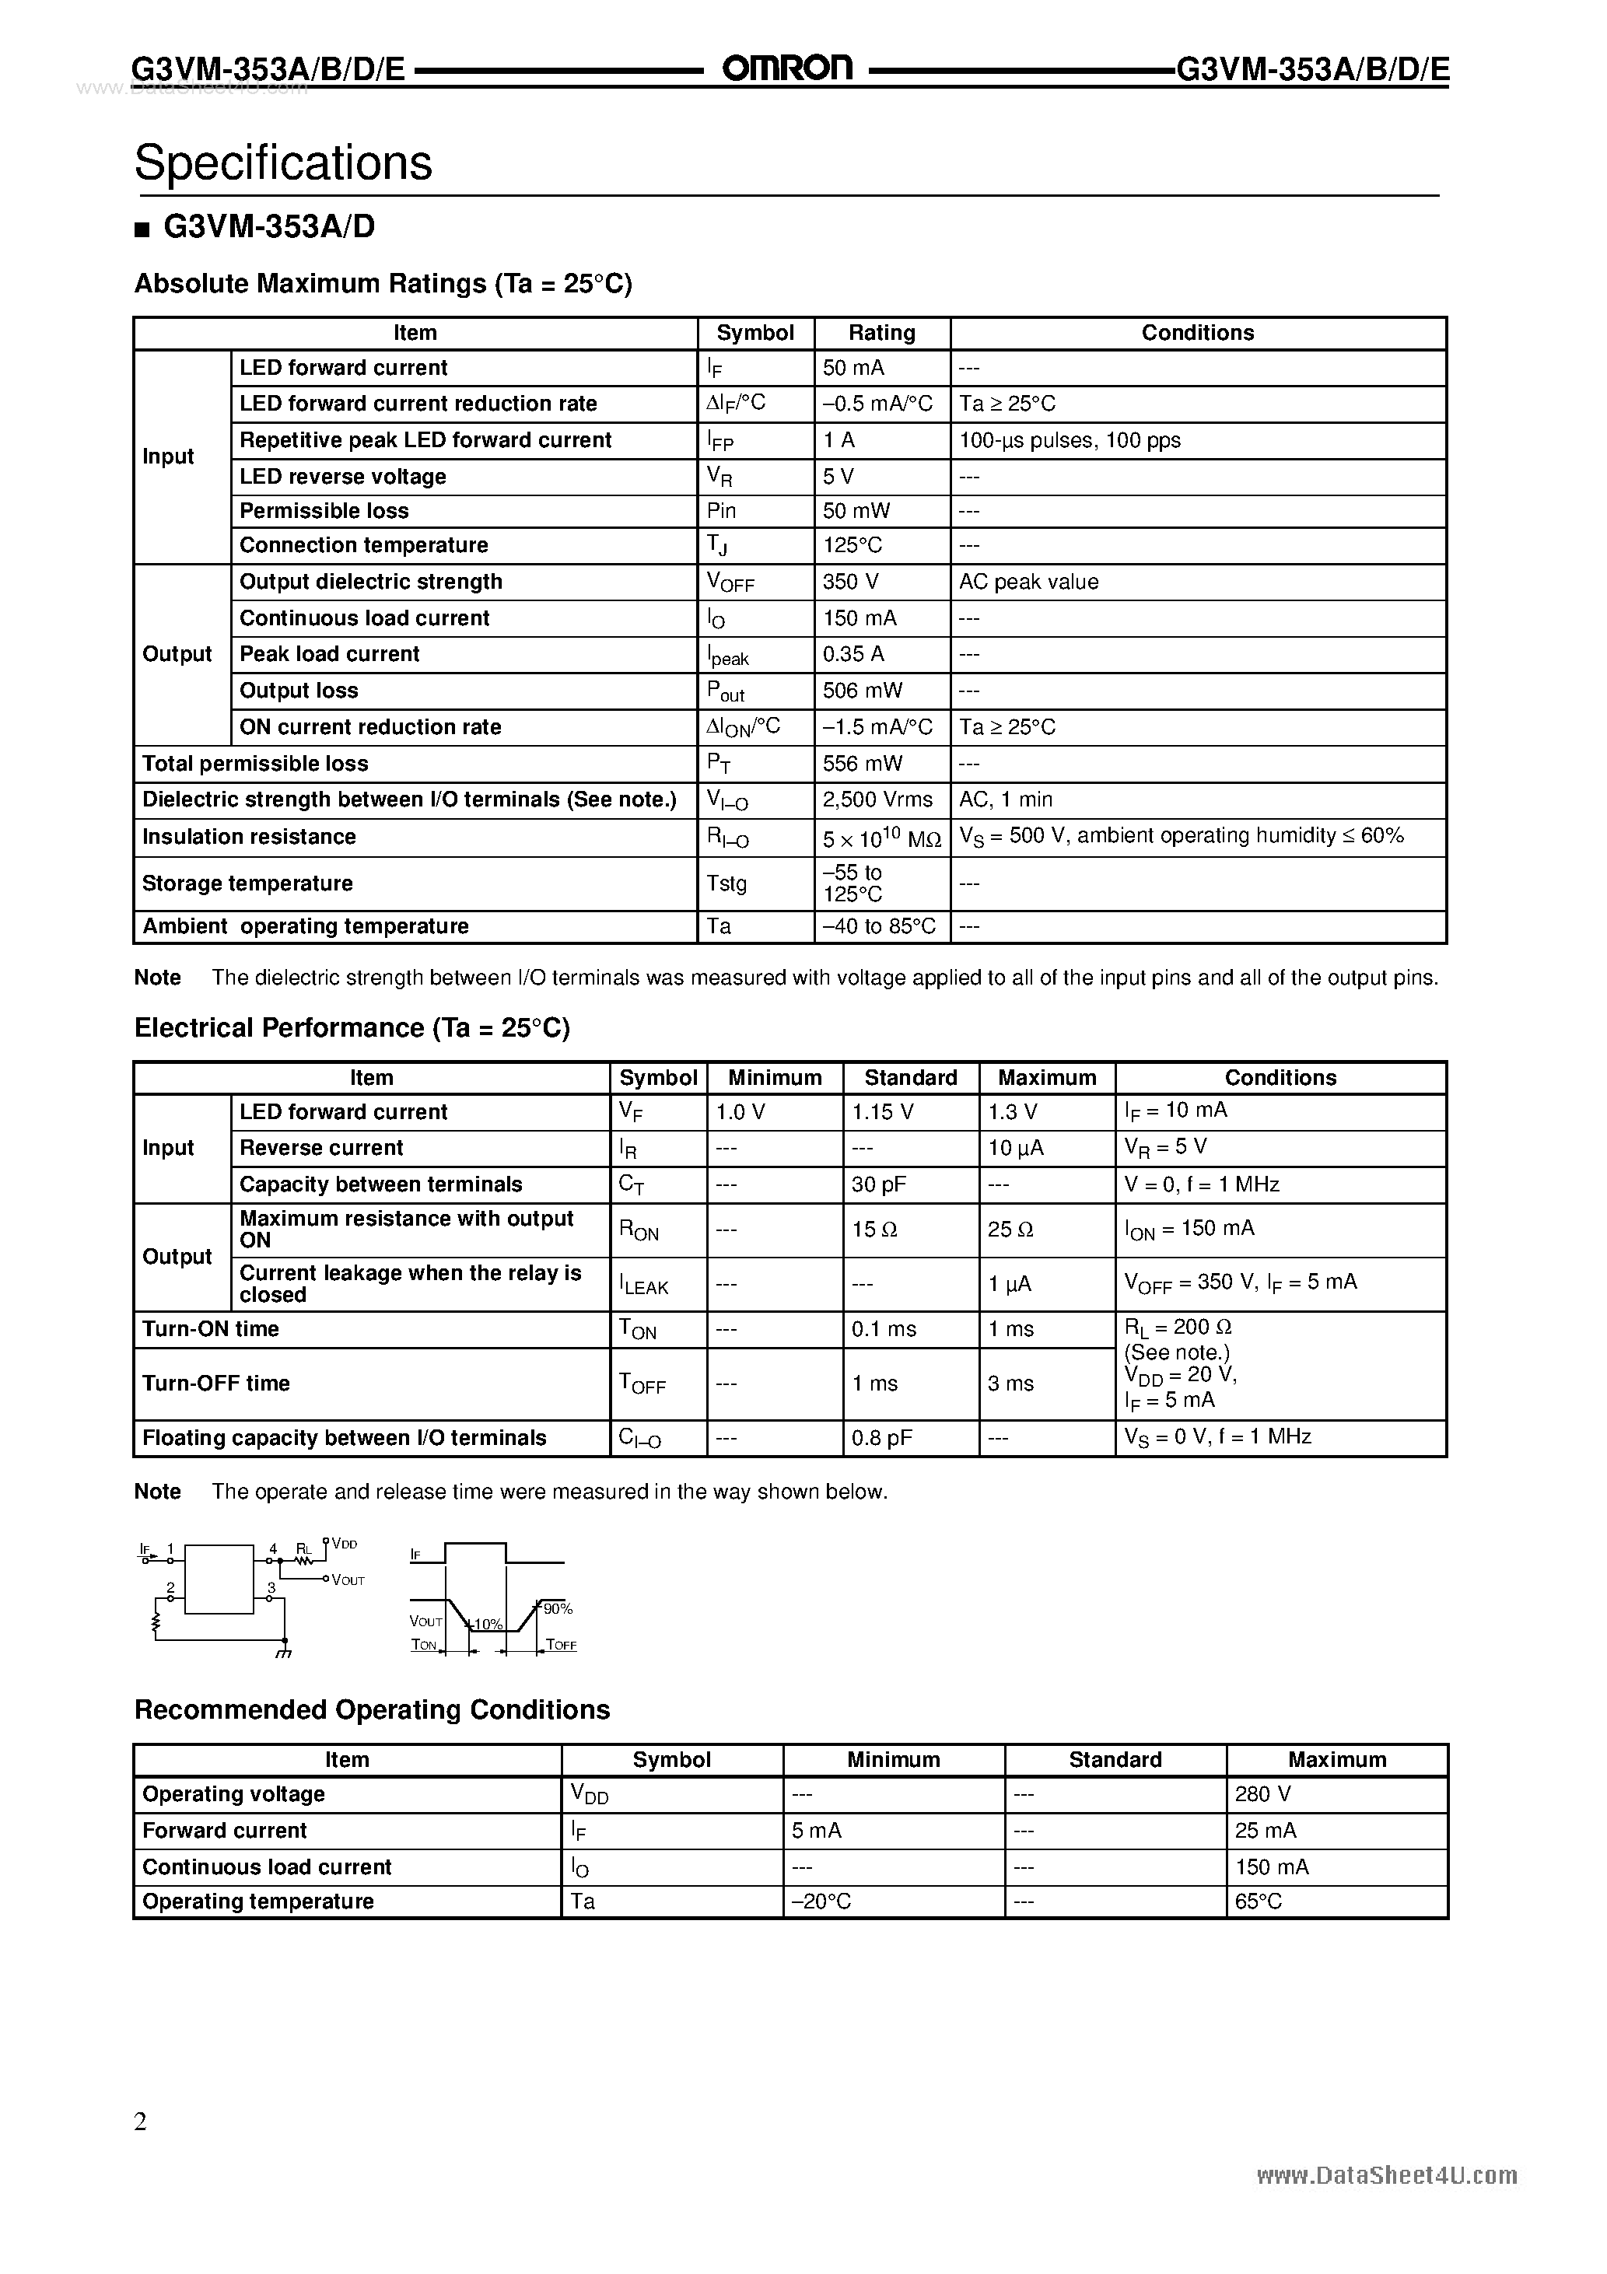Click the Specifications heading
[x=283, y=163]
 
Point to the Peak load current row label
[x=329, y=654]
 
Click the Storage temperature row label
[x=247, y=883]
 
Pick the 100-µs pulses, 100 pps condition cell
[x=1070, y=439]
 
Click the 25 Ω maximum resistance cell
[x=1010, y=1229]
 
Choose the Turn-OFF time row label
[x=216, y=1384]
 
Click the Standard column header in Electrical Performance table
[x=911, y=1078]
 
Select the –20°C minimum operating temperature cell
[x=821, y=1901]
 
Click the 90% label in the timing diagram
[x=558, y=1609]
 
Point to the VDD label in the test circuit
[x=344, y=1544]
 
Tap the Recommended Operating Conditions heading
[x=372, y=1709]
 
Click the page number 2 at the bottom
[x=141, y=2122]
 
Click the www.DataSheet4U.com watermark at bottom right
[x=1387, y=2176]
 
